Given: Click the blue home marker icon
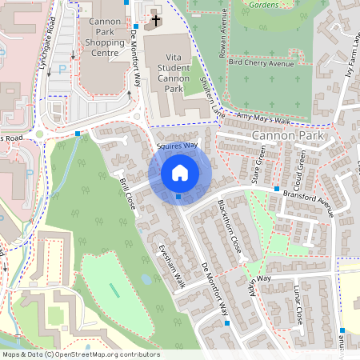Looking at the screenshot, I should point(180,171).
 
